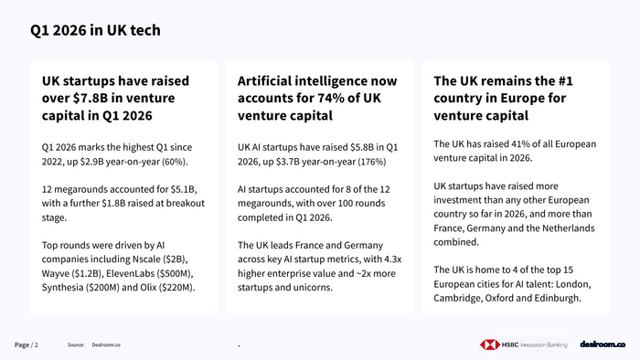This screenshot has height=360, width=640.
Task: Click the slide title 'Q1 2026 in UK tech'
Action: (x=95, y=30)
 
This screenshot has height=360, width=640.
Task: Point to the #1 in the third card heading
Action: (x=565, y=80)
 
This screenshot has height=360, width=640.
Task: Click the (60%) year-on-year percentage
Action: (x=176, y=162)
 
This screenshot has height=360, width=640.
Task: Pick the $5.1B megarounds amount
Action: (x=184, y=189)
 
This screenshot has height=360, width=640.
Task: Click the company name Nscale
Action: (x=145, y=259)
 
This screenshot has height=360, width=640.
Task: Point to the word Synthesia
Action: (x=62, y=288)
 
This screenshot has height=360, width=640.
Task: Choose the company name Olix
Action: (x=148, y=288)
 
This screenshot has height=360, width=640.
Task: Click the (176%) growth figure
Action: (x=372, y=162)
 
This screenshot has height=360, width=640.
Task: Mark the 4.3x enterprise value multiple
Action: (x=393, y=259)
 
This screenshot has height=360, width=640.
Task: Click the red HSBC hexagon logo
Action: (x=490, y=344)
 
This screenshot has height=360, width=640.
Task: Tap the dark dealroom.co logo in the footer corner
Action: (x=603, y=344)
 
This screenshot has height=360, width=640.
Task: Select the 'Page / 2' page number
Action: (x=27, y=344)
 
